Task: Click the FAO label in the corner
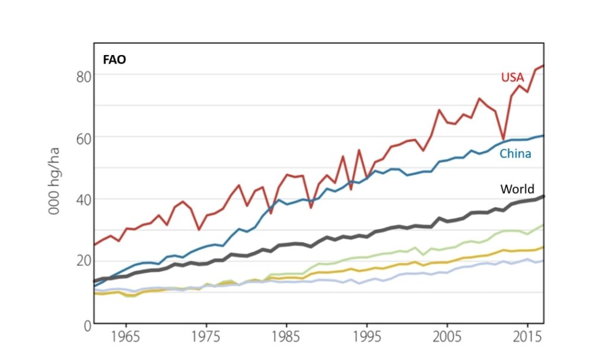pyautogui.click(x=113, y=59)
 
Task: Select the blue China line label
pyautogui.click(x=515, y=154)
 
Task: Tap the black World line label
pyautogui.click(x=517, y=189)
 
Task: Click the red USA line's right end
pyautogui.click(x=543, y=66)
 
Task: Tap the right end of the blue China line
pyautogui.click(x=543, y=136)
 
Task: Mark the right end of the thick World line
pyautogui.click(x=543, y=196)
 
